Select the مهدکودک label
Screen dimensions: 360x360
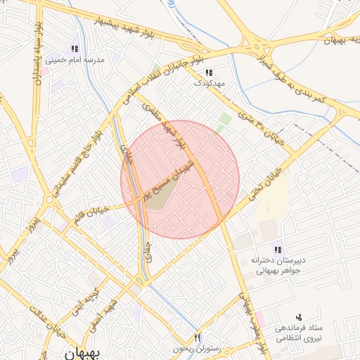[x=210, y=83]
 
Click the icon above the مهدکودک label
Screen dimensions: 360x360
[x=210, y=72]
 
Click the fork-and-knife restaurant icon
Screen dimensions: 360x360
[x=198, y=338]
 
